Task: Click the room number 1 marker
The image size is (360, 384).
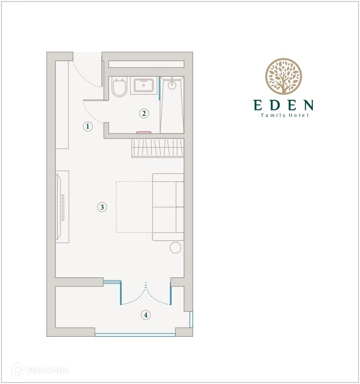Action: tap(88, 127)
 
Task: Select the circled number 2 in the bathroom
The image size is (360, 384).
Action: tap(144, 113)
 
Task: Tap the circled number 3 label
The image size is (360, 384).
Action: tap(102, 207)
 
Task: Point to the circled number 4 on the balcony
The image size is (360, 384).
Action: tap(145, 315)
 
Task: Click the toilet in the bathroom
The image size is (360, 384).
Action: tap(119, 87)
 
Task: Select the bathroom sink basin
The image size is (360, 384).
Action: tap(144, 85)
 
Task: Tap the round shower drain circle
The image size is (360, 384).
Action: tap(172, 85)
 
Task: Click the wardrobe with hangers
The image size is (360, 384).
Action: tap(158, 148)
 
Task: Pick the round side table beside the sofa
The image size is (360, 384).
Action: tap(175, 248)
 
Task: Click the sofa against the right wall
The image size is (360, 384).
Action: tap(168, 207)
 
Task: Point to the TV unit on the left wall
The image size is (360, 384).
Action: tap(62, 207)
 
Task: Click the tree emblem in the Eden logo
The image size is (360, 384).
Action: tap(283, 76)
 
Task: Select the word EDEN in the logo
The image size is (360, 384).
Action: tap(283, 105)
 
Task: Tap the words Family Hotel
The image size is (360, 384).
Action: tap(284, 115)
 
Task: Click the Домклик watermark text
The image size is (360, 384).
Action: tap(47, 370)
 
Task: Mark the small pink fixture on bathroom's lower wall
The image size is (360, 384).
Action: tap(144, 132)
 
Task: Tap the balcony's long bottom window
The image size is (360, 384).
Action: tap(135, 335)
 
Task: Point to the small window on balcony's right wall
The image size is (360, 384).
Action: tap(191, 319)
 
